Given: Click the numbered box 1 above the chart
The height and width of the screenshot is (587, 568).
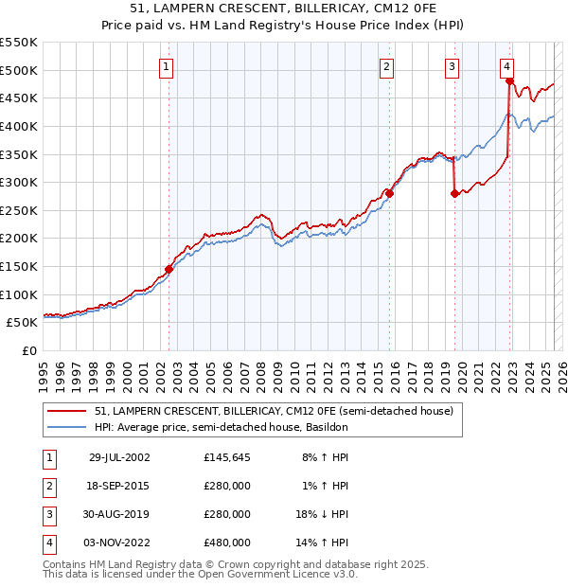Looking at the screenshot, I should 166,66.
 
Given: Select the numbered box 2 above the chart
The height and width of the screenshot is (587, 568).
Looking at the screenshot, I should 387,66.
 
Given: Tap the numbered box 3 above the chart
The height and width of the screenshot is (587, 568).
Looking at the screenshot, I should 453,66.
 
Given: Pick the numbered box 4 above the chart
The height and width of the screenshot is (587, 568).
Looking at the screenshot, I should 507,66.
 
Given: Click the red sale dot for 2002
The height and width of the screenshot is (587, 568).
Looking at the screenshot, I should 169,269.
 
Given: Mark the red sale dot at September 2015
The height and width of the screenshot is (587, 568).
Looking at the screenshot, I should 389,193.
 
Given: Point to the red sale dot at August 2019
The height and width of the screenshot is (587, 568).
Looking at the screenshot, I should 454,193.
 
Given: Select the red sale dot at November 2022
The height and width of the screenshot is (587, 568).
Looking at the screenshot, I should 509,81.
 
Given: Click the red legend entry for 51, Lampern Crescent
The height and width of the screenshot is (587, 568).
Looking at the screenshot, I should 275,411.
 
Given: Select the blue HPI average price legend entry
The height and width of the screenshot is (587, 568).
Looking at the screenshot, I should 222,427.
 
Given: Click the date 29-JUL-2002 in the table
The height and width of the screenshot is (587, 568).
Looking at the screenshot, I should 119,457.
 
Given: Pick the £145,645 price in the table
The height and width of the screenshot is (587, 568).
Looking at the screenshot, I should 227,457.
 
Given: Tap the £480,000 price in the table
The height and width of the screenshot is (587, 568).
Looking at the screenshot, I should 227,543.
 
